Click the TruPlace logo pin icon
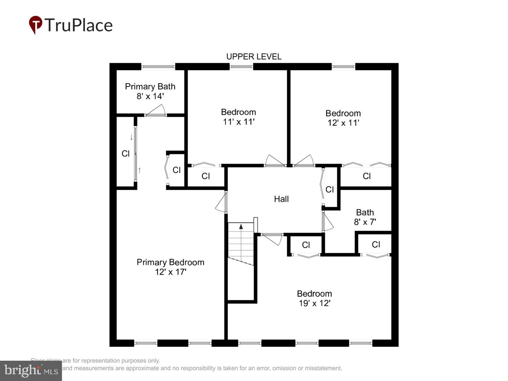click(35, 25)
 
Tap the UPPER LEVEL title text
click(254, 57)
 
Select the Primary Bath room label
click(150, 86)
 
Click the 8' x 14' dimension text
click(150, 96)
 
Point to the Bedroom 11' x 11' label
click(238, 117)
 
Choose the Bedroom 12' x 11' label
click(343, 118)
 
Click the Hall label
click(281, 199)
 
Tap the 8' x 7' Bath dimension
click(365, 222)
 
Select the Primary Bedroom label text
click(170, 262)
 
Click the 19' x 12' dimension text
click(314, 303)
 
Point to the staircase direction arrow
click(241, 227)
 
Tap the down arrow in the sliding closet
click(131, 137)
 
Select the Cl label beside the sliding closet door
click(126, 154)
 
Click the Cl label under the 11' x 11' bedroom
click(206, 176)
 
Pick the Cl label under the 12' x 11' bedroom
click(366, 176)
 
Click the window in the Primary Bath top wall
click(158, 66)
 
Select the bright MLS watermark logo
click(31, 371)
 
